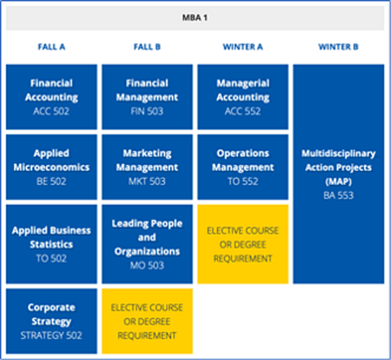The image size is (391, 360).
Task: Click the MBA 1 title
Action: [195, 18]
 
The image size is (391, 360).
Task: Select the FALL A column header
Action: [51, 47]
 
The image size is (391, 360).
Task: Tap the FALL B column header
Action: [147, 47]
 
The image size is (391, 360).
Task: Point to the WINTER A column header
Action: [243, 47]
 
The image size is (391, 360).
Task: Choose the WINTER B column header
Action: [338, 47]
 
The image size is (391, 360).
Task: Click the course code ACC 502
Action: [51, 111]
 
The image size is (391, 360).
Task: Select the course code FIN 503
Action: [147, 111]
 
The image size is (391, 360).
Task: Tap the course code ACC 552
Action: [243, 111]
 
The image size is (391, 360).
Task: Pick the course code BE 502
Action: [51, 181]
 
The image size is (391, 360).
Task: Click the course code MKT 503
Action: [147, 181]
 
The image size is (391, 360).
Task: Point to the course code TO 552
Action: [243, 181]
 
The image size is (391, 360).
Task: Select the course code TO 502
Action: [51, 259]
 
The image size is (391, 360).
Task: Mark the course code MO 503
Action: [147, 265]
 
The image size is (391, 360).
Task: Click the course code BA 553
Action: [338, 195]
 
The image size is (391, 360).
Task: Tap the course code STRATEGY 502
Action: [51, 335]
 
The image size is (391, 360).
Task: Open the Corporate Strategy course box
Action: [51, 321]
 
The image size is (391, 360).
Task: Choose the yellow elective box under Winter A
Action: [243, 244]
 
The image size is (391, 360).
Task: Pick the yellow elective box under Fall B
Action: [147, 321]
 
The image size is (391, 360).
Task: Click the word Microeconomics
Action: [51, 167]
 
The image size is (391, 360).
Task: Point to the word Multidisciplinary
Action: [338, 154]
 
